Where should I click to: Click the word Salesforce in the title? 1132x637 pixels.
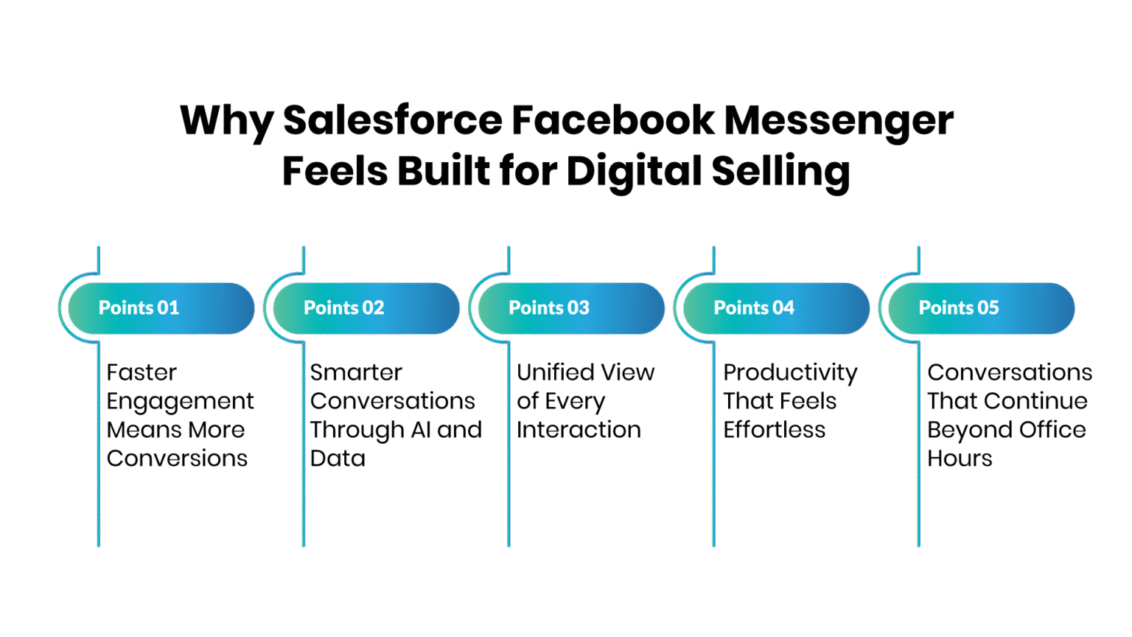(x=393, y=120)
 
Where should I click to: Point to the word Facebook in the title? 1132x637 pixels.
(x=613, y=120)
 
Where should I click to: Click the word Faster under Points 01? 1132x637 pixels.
(x=141, y=372)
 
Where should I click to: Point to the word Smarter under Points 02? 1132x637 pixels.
(x=356, y=372)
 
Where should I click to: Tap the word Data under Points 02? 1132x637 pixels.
(x=338, y=459)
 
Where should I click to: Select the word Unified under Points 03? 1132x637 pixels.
(x=556, y=372)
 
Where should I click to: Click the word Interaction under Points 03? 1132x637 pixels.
(x=579, y=430)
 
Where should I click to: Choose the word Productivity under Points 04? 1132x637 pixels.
(x=790, y=374)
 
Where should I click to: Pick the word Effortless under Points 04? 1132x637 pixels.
(x=775, y=430)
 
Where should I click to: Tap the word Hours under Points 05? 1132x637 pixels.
(x=960, y=459)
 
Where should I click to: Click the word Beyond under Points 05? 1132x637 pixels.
(x=968, y=431)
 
